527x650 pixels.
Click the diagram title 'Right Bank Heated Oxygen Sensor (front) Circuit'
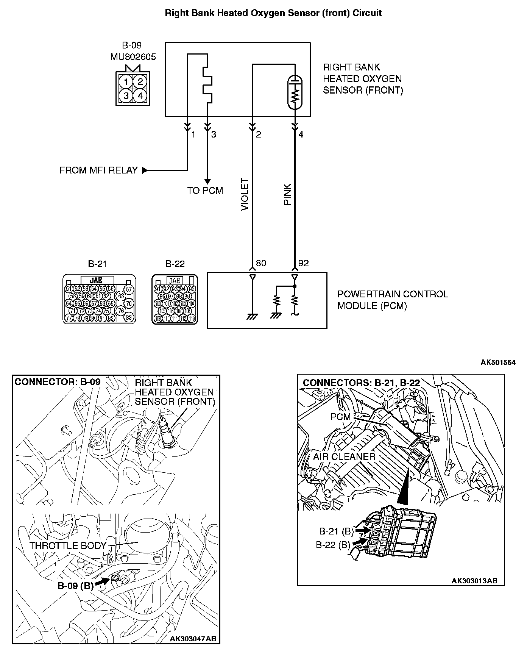(273, 13)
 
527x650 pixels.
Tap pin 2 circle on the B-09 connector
(140, 81)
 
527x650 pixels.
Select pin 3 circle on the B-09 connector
(126, 96)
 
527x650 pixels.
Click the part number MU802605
(133, 57)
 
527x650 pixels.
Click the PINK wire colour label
(288, 195)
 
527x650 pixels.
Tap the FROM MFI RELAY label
(98, 170)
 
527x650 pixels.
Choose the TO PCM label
(205, 191)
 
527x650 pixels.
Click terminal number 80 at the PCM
(261, 263)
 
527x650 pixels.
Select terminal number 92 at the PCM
(304, 263)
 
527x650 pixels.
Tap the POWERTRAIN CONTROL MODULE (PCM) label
(392, 300)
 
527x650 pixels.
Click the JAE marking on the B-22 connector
(175, 281)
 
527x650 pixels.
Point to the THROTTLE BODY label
(68, 546)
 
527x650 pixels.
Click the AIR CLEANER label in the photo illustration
(344, 456)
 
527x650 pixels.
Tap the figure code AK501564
(498, 362)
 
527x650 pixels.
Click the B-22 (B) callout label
(333, 545)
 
